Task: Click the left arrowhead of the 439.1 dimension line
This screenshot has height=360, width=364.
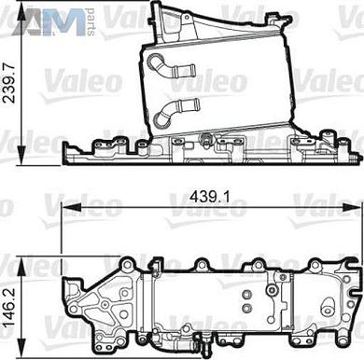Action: pos(66,212)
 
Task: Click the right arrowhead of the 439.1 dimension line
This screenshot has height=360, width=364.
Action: pos(357,212)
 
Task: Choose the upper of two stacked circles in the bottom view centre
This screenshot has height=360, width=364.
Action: pos(245,294)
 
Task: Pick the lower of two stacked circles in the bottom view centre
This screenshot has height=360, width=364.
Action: pos(245,308)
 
